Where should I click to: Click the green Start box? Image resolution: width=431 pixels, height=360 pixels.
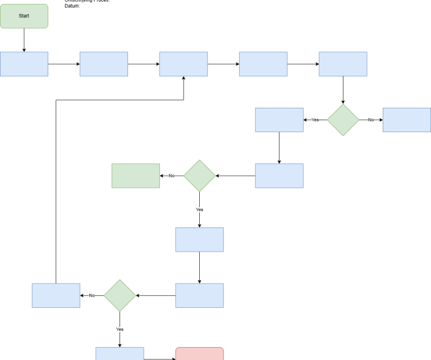(x=24, y=16)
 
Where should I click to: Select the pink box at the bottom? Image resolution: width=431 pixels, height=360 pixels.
(x=199, y=354)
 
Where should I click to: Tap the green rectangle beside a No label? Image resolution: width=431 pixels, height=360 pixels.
(x=135, y=176)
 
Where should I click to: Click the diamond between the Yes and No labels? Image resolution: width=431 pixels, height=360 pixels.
(x=343, y=120)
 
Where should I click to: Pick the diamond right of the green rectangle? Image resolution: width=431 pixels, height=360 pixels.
(x=199, y=176)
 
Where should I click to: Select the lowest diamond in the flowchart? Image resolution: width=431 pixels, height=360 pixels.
(x=120, y=295)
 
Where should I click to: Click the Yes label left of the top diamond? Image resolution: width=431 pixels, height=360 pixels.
(x=315, y=120)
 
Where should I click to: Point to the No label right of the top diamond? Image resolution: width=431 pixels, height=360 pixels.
(x=370, y=120)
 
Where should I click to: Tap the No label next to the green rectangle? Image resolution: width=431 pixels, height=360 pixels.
(x=172, y=176)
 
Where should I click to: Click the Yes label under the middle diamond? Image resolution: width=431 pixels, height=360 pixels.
(x=199, y=209)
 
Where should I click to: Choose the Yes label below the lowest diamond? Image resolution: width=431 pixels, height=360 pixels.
(x=120, y=329)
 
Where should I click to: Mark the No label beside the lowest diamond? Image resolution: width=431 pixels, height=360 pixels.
(x=92, y=295)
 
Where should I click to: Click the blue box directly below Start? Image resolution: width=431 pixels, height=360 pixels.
(x=24, y=64)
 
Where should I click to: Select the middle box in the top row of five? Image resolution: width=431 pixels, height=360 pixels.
(x=184, y=64)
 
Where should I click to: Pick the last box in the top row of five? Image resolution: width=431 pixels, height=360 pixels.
(x=343, y=64)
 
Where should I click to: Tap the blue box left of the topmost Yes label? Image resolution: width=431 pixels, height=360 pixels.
(x=279, y=120)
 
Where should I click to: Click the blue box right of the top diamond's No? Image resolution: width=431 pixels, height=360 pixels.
(x=406, y=120)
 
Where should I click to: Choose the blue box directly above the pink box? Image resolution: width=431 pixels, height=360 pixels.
(x=199, y=295)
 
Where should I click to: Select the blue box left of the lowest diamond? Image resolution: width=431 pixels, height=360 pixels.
(x=56, y=295)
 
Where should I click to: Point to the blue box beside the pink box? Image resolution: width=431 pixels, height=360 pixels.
(x=120, y=354)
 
